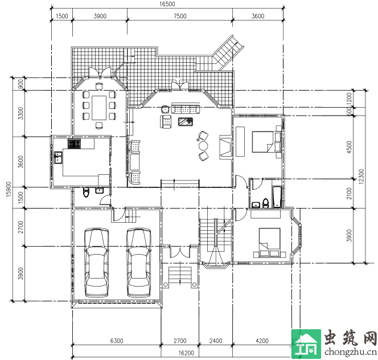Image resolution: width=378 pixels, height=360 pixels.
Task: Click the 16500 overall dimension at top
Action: pyautogui.click(x=167, y=4)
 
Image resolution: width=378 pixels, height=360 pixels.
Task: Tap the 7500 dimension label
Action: pyautogui.click(x=180, y=16)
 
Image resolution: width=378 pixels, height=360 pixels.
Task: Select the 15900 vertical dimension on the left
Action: pyautogui.click(x=9, y=189)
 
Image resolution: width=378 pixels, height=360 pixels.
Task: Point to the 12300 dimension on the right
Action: pyautogui.click(x=361, y=177)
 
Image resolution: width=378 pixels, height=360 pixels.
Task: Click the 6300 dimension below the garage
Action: pyautogui.click(x=117, y=341)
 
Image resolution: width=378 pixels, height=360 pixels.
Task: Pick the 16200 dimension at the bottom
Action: pyautogui.click(x=186, y=353)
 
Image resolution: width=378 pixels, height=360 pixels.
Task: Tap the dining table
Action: pyautogui.click(x=99, y=108)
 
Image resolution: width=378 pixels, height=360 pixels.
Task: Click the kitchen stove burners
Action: pyautogui.click(x=74, y=144)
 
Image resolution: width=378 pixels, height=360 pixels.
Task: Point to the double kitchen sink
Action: pyautogui.click(x=58, y=158)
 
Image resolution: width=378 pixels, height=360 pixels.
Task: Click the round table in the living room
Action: pyautogui.click(x=203, y=146)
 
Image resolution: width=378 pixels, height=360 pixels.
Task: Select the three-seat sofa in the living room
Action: pyautogui.click(x=186, y=108)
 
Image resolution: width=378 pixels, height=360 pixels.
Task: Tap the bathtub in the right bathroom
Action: pyautogui.click(x=277, y=197)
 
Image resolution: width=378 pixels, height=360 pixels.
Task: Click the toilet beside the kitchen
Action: pyautogui.click(x=87, y=192)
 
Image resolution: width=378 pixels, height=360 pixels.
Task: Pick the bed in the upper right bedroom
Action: pyautogui.click(x=266, y=142)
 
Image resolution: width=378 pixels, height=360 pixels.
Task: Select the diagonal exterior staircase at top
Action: pyautogui.click(x=228, y=52)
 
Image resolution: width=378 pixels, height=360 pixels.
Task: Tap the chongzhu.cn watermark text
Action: pyautogui.click(x=351, y=352)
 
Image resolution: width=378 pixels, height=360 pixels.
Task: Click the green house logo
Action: pyautogui.click(x=306, y=344)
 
